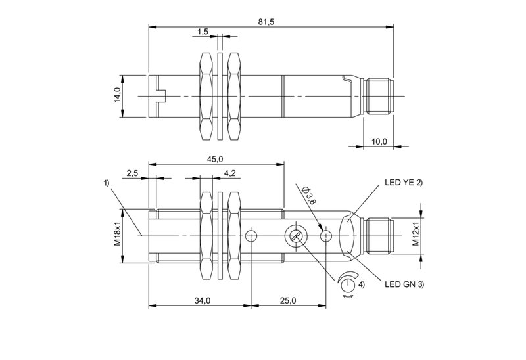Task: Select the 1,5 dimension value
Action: pyautogui.click(x=203, y=32)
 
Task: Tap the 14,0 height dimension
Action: pyautogui.click(x=117, y=95)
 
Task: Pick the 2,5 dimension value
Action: pyautogui.click(x=131, y=173)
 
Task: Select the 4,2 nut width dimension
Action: pyautogui.click(x=229, y=173)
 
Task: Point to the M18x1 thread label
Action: pyautogui.click(x=119, y=235)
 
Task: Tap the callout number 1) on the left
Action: pyautogui.click(x=107, y=183)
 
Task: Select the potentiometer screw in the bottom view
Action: pyautogui.click(x=294, y=236)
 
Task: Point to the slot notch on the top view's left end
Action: pyautogui.click(x=158, y=95)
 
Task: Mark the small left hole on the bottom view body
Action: pyautogui.click(x=251, y=236)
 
